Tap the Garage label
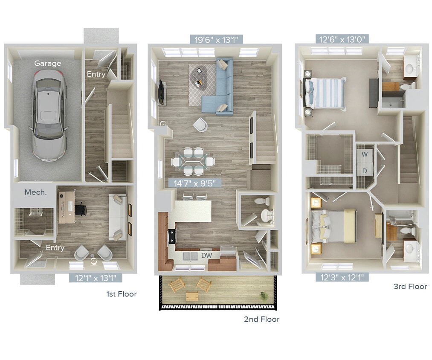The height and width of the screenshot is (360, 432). click(47, 64)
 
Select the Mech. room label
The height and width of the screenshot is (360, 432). click(35, 192)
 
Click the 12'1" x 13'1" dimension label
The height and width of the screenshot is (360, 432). click(96, 278)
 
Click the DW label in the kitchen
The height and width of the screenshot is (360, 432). click(206, 255)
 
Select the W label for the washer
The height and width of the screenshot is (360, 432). click(365, 154)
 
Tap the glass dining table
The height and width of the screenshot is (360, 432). click(193, 161)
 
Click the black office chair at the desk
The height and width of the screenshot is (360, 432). click(80, 209)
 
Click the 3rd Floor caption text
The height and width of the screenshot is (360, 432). click(410, 287)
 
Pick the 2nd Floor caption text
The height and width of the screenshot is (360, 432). click(261, 319)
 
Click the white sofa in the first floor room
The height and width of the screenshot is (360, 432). click(117, 217)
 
